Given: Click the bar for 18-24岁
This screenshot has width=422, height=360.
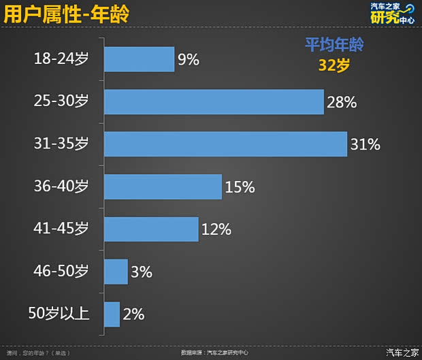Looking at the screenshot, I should [139, 59].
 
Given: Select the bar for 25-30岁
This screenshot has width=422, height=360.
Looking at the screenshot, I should [213, 102].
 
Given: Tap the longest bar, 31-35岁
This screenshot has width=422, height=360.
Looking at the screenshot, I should [225, 144].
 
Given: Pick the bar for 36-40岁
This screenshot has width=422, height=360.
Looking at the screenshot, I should [163, 186].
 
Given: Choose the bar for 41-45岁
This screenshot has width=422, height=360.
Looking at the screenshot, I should [151, 229].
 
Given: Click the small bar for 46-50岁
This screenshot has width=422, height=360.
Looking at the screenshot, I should [116, 272].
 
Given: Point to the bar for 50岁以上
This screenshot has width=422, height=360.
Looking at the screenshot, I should [112, 314].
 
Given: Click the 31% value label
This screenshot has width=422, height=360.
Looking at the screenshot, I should [366, 145].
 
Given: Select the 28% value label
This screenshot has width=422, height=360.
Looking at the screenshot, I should [342, 103].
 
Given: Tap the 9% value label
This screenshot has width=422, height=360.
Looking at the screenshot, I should [189, 60].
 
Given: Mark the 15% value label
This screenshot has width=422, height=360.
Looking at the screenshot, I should [240, 187].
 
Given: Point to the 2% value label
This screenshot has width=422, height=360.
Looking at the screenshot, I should [133, 314].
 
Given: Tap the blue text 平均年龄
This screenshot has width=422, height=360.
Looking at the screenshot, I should [334, 45].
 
